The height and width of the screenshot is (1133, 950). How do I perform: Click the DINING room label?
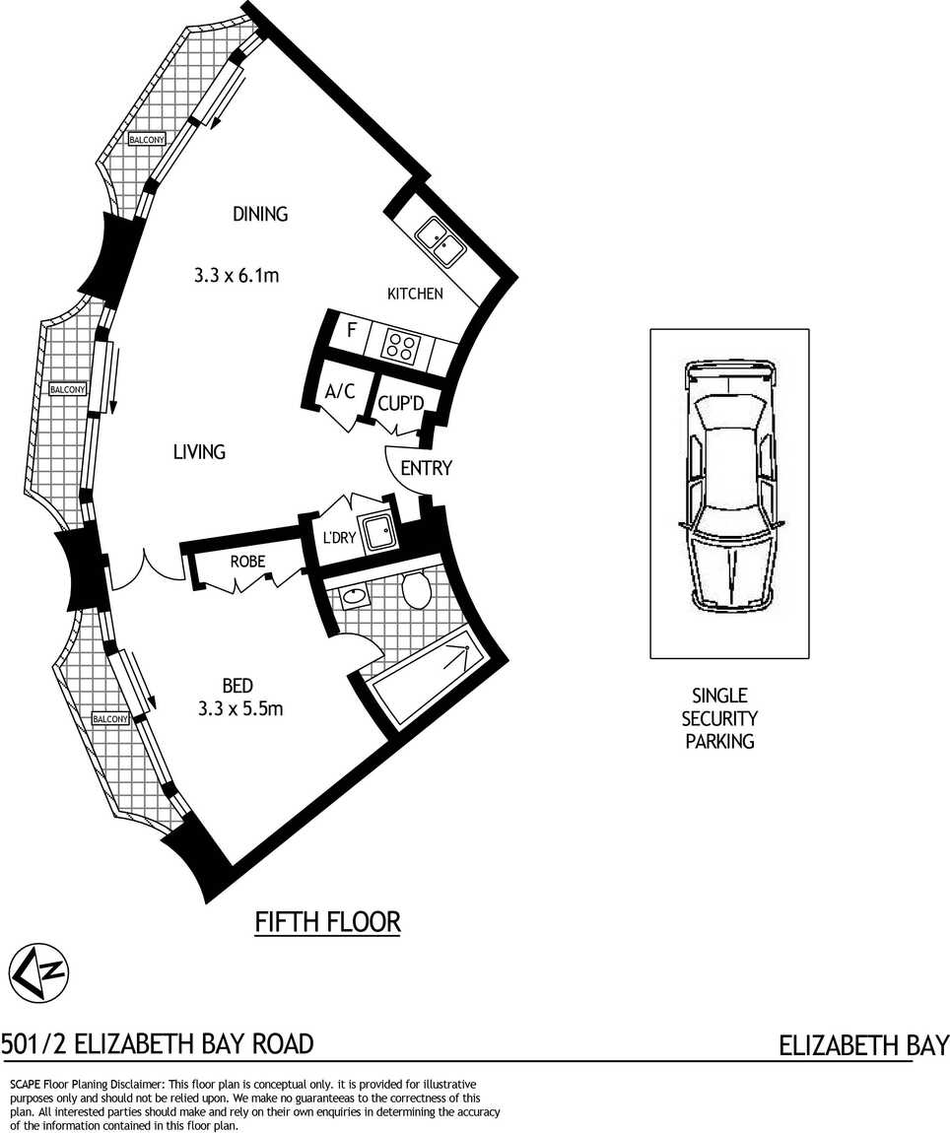click(x=260, y=214)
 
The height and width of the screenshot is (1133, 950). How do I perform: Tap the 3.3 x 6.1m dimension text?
click(x=237, y=275)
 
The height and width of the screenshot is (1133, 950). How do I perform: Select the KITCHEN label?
click(x=415, y=294)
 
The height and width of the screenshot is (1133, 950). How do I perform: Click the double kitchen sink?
click(x=440, y=240)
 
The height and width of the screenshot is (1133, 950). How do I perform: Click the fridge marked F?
click(x=352, y=331)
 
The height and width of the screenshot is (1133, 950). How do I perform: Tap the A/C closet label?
click(x=340, y=392)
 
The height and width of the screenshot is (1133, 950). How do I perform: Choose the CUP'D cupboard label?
click(x=400, y=403)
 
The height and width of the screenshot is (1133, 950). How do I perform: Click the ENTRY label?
click(x=426, y=468)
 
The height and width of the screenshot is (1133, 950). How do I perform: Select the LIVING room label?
click(x=199, y=451)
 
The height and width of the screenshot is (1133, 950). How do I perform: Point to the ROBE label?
click(x=247, y=562)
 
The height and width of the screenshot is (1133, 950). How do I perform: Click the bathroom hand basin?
click(x=354, y=596)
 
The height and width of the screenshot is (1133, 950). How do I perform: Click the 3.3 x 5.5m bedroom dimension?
click(x=240, y=708)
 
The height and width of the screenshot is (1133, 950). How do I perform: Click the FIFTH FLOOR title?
click(x=327, y=922)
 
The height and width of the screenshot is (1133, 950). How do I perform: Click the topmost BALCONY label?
click(x=147, y=139)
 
